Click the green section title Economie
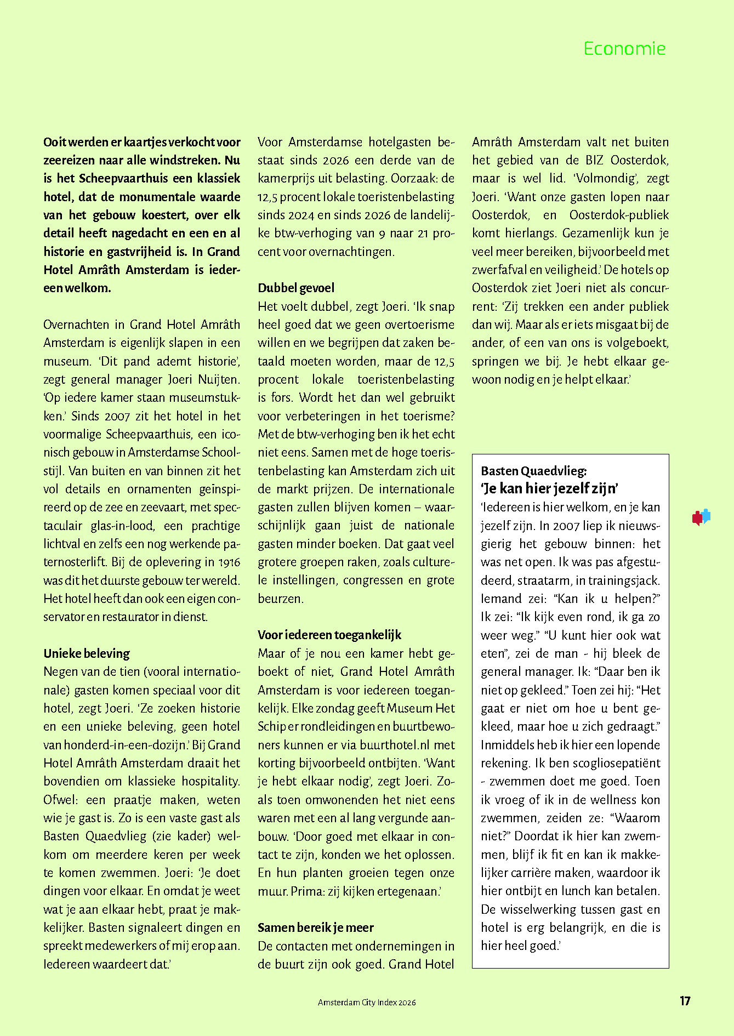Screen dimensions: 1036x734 point(624,49)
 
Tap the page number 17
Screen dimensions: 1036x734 point(685,1001)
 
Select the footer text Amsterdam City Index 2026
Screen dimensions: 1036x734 point(367,1002)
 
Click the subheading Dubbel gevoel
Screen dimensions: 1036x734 point(296,288)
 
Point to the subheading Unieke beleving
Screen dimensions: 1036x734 point(87,653)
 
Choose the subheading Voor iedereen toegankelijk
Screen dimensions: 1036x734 point(329,635)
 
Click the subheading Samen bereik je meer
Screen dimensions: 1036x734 point(316,927)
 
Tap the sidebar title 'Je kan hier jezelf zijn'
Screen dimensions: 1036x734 point(550,488)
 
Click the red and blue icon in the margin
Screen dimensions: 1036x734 point(701,517)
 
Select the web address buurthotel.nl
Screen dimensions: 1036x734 point(394,745)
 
